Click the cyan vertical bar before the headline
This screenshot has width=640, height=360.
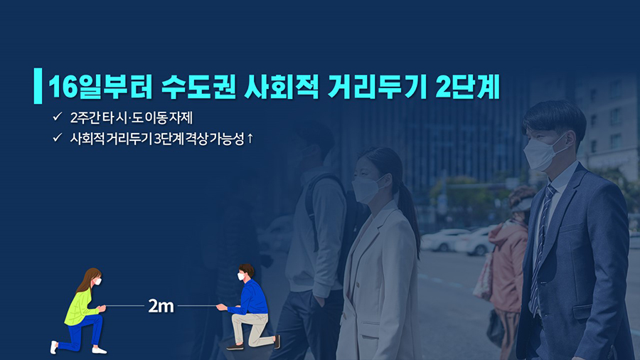[x=38, y=85]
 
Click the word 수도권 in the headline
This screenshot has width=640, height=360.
[x=198, y=87]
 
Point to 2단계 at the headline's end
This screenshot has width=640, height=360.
[x=468, y=87]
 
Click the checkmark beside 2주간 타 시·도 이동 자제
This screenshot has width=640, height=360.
[x=57, y=117]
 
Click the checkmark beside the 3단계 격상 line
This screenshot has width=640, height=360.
[x=57, y=137]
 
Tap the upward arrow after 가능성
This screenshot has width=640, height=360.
[x=250, y=139]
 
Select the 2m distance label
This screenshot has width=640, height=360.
[x=161, y=306]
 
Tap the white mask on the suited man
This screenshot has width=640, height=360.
[x=542, y=152]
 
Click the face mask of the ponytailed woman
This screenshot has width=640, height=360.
[x=368, y=189]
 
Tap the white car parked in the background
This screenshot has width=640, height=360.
[x=443, y=240]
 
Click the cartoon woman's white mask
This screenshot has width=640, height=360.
[x=97, y=282]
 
